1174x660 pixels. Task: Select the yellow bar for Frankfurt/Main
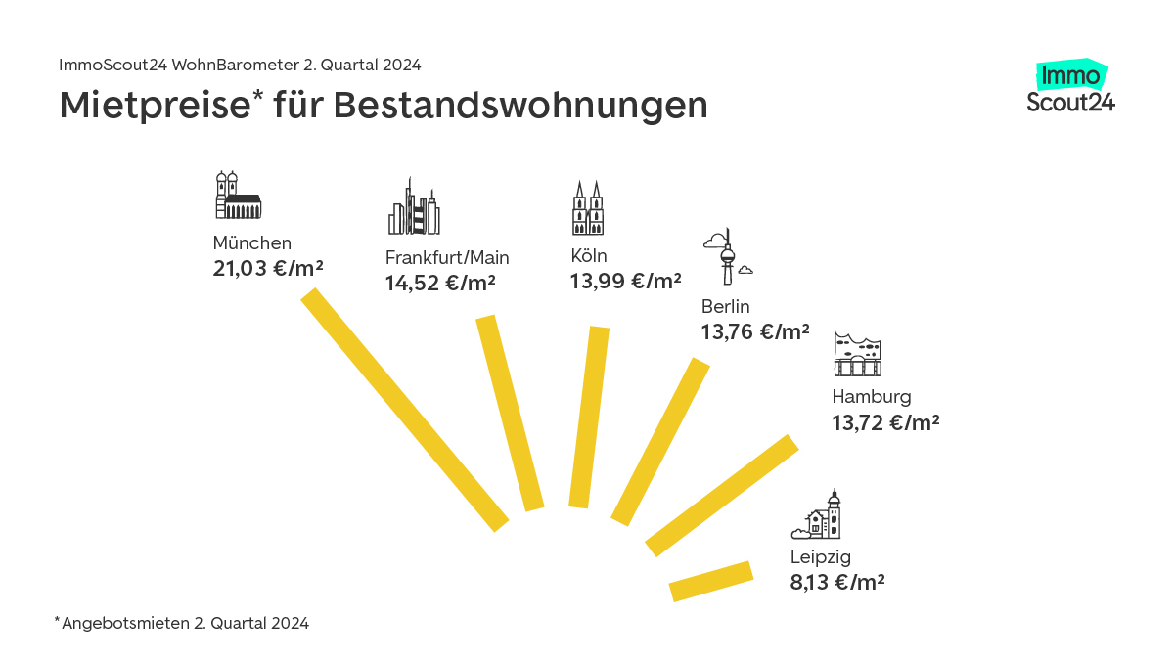pyautogui.click(x=509, y=413)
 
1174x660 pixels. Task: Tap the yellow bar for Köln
pyautogui.click(x=589, y=418)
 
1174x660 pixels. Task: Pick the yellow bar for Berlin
pyautogui.click(x=660, y=442)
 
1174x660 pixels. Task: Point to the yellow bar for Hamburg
pyautogui.click(x=722, y=496)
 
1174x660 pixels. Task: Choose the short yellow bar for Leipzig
pyautogui.click(x=711, y=581)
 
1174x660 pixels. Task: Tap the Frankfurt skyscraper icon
pyautogui.click(x=414, y=207)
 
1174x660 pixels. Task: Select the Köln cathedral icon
pyautogui.click(x=588, y=208)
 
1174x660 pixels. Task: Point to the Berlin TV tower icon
pyautogui.click(x=727, y=256)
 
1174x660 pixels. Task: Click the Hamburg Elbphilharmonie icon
pyautogui.click(x=858, y=354)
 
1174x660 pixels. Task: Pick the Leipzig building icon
pyautogui.click(x=818, y=515)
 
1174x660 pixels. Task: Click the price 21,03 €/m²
pyautogui.click(x=268, y=268)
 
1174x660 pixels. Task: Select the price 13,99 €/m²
pyautogui.click(x=625, y=282)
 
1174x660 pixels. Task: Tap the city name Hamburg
pyautogui.click(x=871, y=397)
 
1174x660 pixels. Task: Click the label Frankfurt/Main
pyautogui.click(x=447, y=258)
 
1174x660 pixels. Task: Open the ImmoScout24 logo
pyautogui.click(x=1071, y=87)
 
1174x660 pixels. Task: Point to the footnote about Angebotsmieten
pyautogui.click(x=182, y=623)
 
